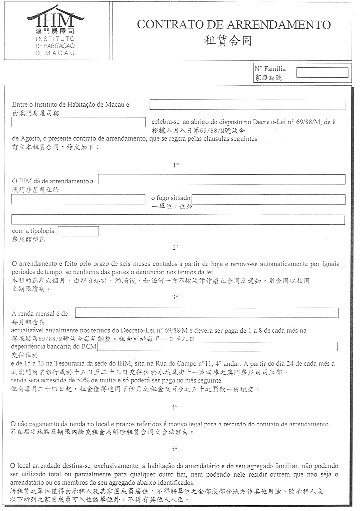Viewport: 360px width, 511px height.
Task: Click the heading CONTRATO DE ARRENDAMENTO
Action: point(234,25)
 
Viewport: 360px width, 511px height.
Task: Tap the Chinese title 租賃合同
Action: point(228,41)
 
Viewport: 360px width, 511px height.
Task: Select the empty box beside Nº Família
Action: point(322,72)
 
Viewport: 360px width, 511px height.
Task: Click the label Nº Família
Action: point(270,69)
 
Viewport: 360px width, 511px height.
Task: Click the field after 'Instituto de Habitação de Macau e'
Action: point(247,105)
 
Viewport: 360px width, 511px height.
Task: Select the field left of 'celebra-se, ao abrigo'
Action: point(78,122)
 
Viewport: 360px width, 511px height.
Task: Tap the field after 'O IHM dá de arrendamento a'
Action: point(222,179)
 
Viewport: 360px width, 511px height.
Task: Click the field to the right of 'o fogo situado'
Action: point(269,199)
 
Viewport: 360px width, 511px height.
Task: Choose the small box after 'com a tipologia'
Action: point(79,231)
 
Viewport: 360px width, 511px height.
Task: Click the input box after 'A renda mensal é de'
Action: point(206,313)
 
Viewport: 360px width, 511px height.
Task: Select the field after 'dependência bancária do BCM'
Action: point(217,346)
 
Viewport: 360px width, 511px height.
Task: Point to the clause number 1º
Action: point(175,165)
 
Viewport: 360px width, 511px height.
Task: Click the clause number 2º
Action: point(175,247)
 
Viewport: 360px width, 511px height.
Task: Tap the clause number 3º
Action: point(175,297)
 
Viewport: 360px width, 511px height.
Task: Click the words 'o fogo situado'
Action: point(171,198)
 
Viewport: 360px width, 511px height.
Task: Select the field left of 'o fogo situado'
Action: point(78,199)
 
